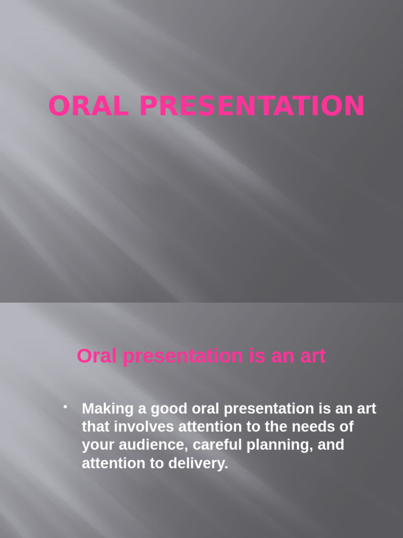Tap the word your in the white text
98,445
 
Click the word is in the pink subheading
250,356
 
